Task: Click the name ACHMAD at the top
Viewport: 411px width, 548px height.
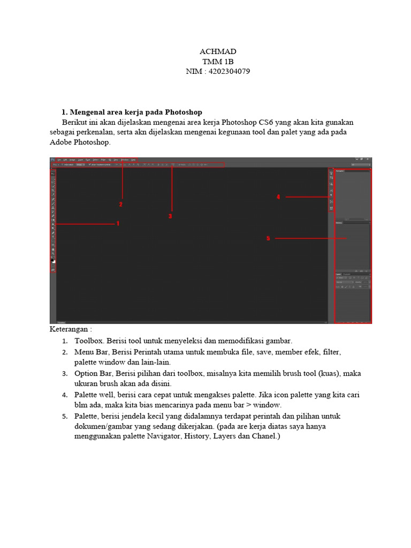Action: pyautogui.click(x=217, y=51)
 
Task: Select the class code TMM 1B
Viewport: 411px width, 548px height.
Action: pyautogui.click(x=217, y=62)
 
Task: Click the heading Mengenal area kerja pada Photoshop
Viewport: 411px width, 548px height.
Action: pyautogui.click(x=136, y=112)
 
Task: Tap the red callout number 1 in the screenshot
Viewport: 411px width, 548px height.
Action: pyautogui.click(x=118, y=224)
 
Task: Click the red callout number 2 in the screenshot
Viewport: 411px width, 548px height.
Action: pyautogui.click(x=121, y=204)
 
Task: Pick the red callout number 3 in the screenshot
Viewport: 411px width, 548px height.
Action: pyautogui.click(x=170, y=216)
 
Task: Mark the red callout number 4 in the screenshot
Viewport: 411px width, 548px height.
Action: pyautogui.click(x=278, y=197)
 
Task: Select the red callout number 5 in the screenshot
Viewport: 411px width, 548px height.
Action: pyautogui.click(x=268, y=238)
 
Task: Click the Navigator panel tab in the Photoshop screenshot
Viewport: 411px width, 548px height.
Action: pyautogui.click(x=340, y=171)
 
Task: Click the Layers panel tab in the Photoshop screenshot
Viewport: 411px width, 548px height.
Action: pyautogui.click(x=339, y=274)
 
